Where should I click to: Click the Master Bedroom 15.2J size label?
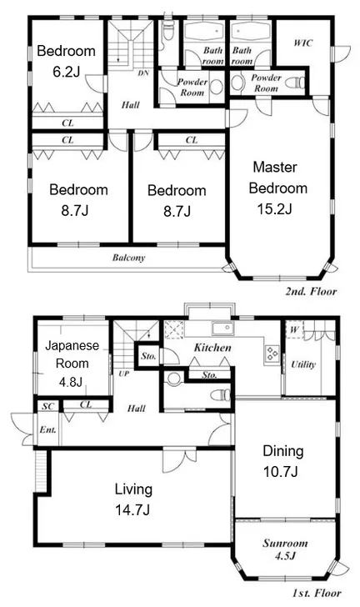274,209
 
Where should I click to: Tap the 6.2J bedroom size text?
66,72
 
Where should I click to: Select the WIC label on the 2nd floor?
302,43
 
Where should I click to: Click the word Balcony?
129,258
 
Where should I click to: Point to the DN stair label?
143,73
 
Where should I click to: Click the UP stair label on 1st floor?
124,374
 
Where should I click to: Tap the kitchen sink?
222,329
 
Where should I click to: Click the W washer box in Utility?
294,330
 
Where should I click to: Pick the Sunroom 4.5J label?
285,549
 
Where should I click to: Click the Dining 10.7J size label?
280,472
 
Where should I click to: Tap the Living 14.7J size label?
132,509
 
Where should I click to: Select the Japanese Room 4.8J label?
72,364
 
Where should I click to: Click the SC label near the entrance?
48,407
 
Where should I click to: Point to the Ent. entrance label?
48,429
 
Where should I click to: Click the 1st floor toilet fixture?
221,395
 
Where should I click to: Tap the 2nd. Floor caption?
311,291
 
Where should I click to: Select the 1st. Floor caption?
317,593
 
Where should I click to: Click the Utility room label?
303,364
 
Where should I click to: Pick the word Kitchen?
212,348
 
